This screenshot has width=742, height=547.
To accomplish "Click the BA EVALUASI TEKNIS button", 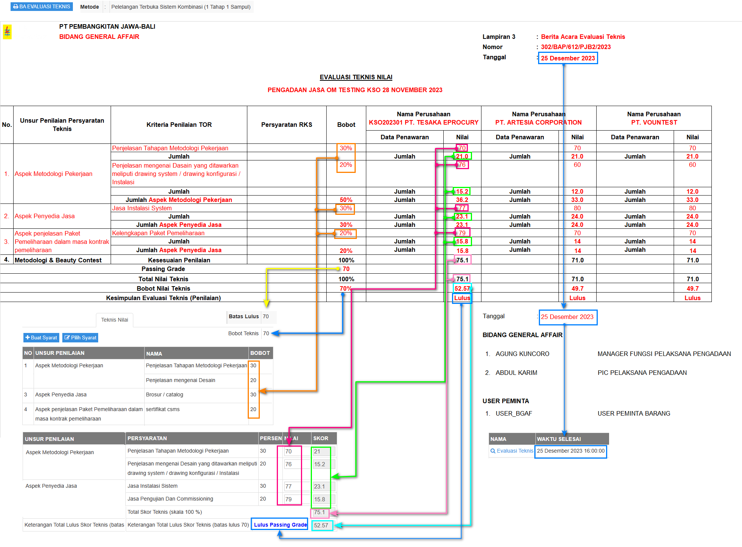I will pos(42,7).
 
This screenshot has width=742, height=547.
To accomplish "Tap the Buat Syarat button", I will pos(41,337).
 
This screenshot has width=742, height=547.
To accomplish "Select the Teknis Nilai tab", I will pos(114,320).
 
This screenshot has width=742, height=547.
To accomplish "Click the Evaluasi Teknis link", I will pos(512,451).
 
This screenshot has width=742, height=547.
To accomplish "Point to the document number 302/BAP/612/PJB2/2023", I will pos(575,47).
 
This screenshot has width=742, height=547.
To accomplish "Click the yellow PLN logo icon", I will pos(7,32).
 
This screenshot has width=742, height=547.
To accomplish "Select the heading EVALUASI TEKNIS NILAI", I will pos(356,77).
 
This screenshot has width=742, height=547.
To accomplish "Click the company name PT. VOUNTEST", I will pos(654,122).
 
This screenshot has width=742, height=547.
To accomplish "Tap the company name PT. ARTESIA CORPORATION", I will pos(538,122).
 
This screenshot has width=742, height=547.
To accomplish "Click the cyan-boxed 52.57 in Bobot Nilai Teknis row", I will pos(462,288).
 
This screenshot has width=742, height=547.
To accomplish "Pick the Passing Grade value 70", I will pos(346,269).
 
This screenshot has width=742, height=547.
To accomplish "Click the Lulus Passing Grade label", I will pos(280,525).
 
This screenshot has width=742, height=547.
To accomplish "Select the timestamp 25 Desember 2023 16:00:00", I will pos(571,451).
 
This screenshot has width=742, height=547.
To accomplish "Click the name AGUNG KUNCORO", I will pos(522,354).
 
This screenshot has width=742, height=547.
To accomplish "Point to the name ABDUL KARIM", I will pos(516,373).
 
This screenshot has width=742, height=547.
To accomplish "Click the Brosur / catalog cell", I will pos(164,394).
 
